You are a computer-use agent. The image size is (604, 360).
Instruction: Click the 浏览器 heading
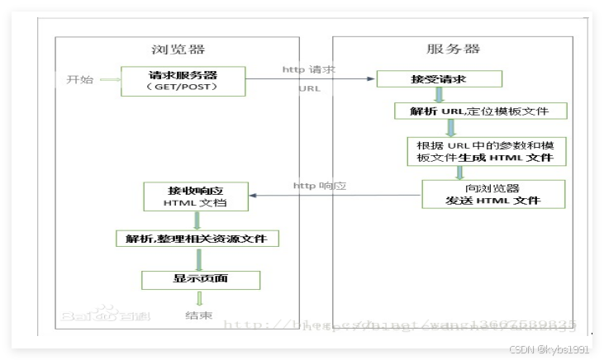[178, 50]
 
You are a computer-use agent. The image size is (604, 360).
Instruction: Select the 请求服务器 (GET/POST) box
[182, 80]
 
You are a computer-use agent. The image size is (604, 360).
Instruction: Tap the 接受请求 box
[439, 79]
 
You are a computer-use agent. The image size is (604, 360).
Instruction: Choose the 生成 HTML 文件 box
[480, 151]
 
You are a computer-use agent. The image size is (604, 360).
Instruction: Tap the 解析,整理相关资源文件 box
[197, 239]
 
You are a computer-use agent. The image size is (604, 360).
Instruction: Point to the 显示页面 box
[200, 279]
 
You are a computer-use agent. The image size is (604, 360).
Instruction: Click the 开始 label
[80, 80]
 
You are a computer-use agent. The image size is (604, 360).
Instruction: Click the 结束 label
[198, 315]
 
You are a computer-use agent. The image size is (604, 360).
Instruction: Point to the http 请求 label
[307, 69]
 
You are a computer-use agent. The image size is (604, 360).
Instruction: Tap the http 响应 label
[319, 186]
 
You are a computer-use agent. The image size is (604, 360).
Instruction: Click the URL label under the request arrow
[310, 88]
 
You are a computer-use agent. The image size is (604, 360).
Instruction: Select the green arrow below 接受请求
[440, 95]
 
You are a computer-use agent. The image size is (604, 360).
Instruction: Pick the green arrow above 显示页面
[198, 259]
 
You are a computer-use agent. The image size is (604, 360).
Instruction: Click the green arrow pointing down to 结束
[198, 299]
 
